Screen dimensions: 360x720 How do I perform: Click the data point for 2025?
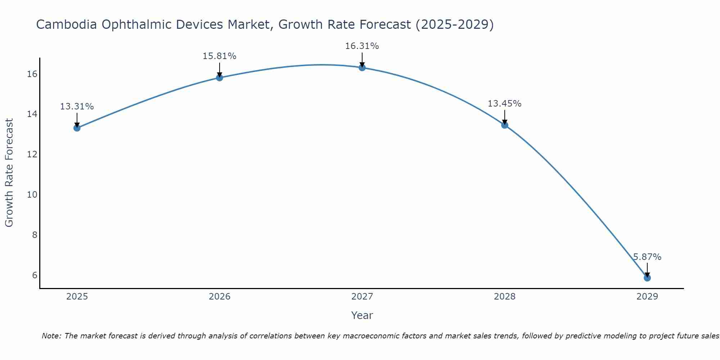coord(77,128)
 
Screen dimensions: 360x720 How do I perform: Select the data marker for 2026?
coord(220,77)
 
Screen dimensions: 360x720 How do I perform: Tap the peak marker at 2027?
coord(362,67)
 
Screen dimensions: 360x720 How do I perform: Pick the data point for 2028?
coord(505,125)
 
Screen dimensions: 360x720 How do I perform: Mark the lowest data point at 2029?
coord(647,278)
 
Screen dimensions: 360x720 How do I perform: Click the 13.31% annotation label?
coord(77,107)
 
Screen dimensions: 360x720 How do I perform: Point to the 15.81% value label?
coord(219,56)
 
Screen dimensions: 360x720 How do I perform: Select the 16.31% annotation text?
coord(362,46)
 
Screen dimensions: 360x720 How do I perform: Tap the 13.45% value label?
coord(504,104)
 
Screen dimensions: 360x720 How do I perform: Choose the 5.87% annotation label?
coord(647,257)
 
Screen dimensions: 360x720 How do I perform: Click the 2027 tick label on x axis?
coord(362,297)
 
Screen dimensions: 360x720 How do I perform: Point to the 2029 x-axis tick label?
coord(647,297)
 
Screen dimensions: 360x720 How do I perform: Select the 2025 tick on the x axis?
coord(77,297)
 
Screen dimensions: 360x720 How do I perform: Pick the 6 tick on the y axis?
coord(35,275)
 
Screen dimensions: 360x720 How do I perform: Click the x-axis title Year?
coord(362,315)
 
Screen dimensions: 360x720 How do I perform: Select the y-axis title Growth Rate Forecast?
coord(9,172)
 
